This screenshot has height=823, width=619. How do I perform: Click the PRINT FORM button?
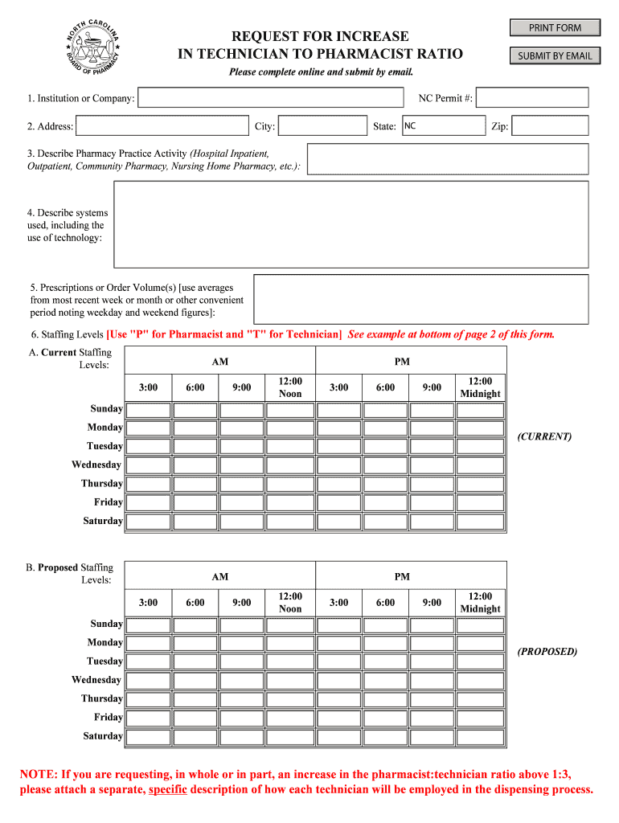click(x=555, y=28)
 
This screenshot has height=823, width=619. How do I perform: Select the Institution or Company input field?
click(x=271, y=98)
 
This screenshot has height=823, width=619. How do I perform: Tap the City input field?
click(x=322, y=126)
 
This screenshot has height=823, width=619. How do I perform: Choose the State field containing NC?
click(x=442, y=126)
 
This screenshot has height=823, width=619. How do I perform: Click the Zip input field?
click(x=550, y=126)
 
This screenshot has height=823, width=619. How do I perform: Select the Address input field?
click(x=162, y=126)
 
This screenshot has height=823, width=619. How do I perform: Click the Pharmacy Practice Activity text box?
click(x=448, y=159)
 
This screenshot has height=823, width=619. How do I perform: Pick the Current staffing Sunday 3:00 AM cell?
click(x=148, y=410)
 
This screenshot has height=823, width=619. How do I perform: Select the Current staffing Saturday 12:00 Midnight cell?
click(x=480, y=522)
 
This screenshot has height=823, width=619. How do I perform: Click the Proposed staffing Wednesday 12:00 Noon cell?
click(x=290, y=680)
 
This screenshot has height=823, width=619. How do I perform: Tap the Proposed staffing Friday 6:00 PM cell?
click(x=385, y=718)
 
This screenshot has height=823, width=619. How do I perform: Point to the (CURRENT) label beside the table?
click(x=544, y=437)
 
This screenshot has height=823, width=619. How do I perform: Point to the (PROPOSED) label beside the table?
click(x=547, y=652)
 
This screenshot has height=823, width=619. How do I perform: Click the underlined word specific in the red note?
click(x=168, y=790)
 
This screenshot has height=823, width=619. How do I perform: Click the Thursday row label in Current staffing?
click(x=101, y=484)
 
